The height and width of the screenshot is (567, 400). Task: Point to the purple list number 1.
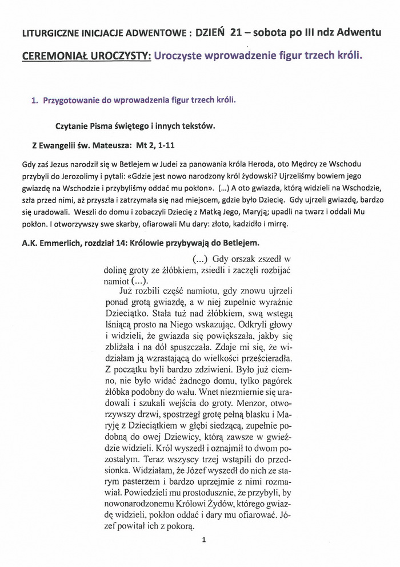pos(34,100)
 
